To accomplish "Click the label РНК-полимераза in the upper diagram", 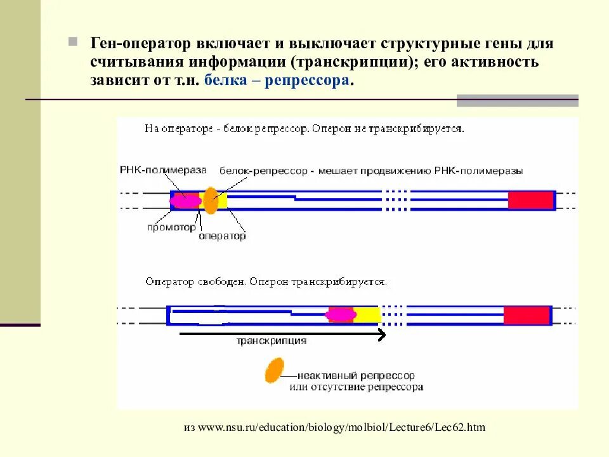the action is tap(163, 170).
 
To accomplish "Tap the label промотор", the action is tap(171, 227).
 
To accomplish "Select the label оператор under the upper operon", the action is tap(222, 235).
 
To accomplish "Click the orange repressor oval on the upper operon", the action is tap(210, 200).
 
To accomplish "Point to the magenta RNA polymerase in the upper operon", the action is tap(185, 201).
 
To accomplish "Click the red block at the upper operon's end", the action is tap(530, 200).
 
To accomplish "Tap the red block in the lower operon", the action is tap(526, 315).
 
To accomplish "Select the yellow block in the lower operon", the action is tap(366, 315).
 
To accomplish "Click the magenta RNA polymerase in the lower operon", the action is tap(341, 315).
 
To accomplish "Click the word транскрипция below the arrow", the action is tap(272, 341).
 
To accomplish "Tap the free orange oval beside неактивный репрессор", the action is tap(274, 370).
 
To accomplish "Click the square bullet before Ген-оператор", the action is tap(74, 43).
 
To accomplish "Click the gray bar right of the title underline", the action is tap(517, 100).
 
